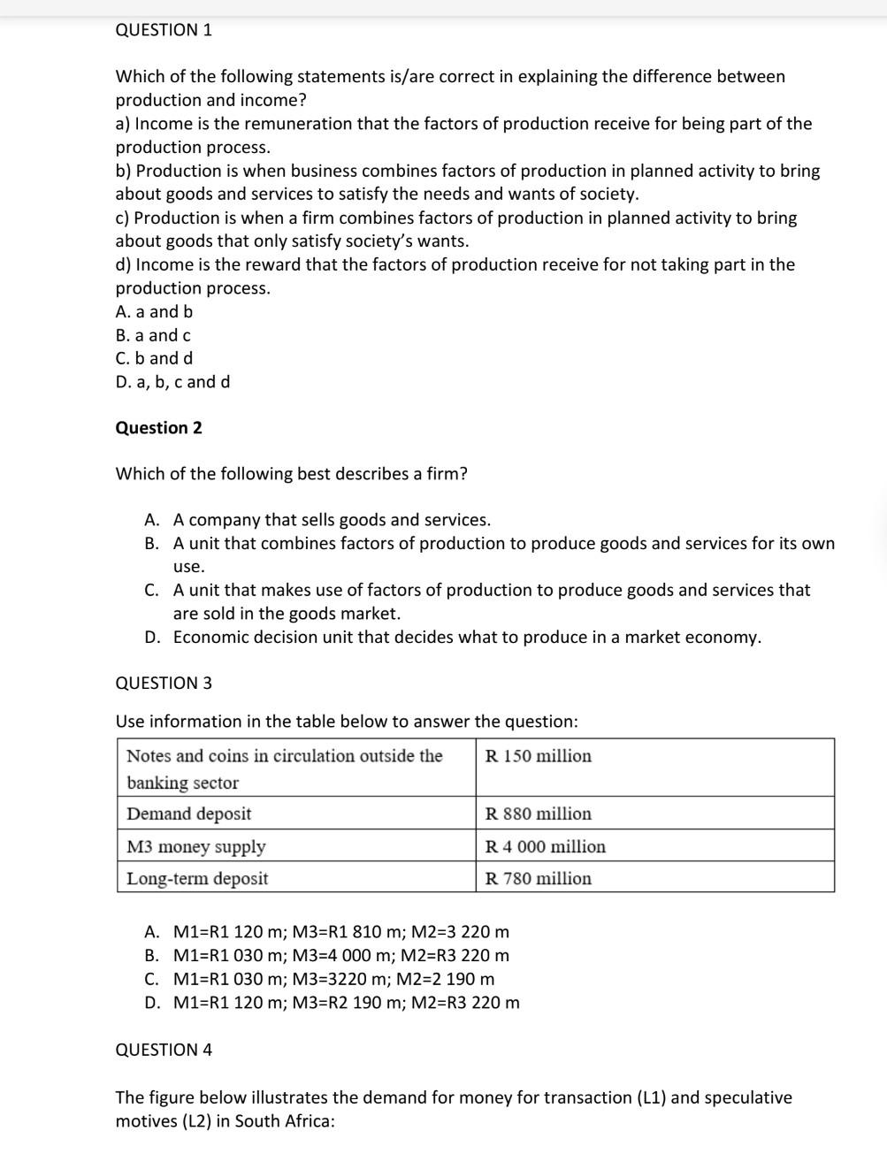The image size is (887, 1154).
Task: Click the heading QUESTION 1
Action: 164,30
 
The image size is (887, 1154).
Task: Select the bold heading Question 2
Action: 158,428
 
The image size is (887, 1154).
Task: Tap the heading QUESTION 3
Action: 164,683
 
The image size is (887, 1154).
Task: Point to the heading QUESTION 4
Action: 164,1050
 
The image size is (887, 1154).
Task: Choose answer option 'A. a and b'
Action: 154,311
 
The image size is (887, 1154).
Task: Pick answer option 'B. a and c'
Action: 153,335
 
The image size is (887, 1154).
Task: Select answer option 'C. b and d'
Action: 154,358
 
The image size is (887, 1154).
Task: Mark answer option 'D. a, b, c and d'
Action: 172,382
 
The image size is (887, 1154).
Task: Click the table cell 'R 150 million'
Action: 538,756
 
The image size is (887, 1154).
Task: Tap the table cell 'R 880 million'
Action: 538,814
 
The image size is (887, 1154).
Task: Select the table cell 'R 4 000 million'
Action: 545,846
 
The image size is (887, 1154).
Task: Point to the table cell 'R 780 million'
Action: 538,878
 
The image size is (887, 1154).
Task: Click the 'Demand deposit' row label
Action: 188,814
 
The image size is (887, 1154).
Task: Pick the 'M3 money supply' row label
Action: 195,846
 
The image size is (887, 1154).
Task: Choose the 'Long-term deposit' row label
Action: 197,878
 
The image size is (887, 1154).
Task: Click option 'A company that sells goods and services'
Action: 332,520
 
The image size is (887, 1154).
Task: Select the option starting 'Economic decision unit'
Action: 466,638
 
